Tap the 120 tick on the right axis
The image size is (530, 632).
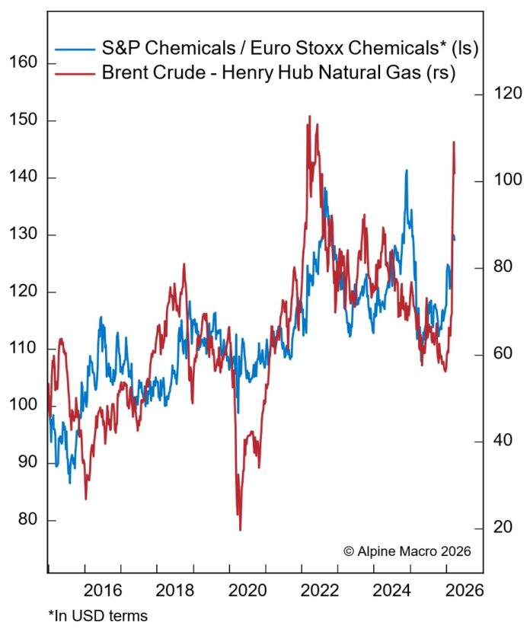click(x=507, y=94)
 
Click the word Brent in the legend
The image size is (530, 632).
click(x=123, y=73)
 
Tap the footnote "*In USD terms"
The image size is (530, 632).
click(x=97, y=614)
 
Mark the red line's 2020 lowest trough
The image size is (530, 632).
click(x=240, y=529)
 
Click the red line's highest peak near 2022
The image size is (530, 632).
click(x=308, y=117)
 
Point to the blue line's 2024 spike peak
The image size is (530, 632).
click(x=406, y=171)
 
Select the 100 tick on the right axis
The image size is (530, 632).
click(x=507, y=181)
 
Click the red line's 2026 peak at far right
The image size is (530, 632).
click(x=454, y=142)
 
